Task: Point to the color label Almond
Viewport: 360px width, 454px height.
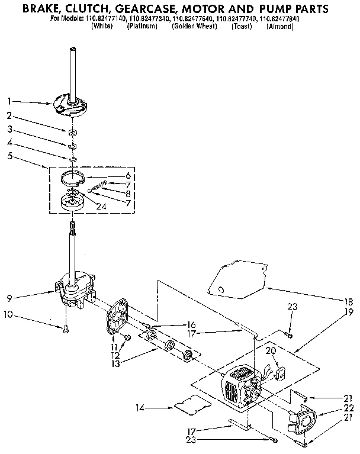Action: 279,27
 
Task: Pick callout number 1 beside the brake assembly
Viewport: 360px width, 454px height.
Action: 9,101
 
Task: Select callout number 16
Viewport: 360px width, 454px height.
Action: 191,325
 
